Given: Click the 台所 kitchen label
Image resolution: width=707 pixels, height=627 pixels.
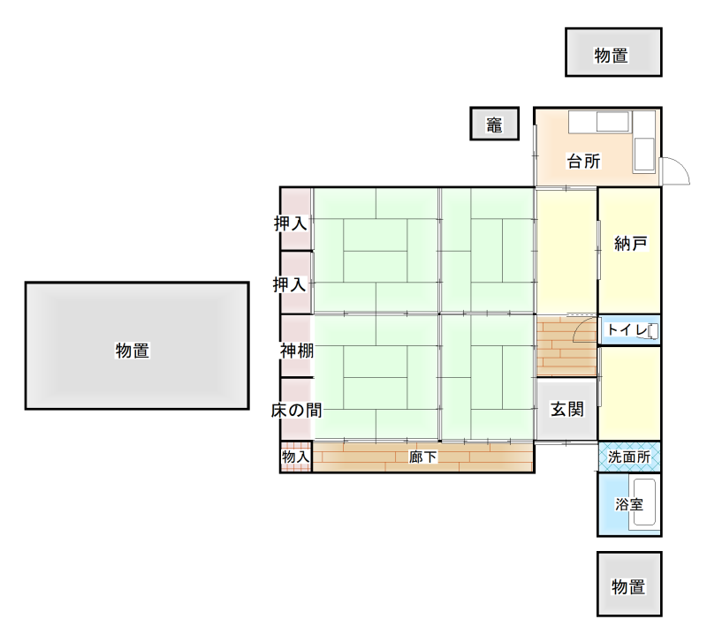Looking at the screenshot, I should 583,162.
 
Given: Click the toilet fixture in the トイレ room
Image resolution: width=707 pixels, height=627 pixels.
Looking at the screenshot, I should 652,331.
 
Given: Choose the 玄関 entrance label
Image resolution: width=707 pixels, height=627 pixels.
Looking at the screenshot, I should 566,409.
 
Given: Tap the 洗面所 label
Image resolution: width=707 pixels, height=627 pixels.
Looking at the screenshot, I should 629,457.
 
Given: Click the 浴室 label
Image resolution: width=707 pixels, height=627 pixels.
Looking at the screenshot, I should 628,504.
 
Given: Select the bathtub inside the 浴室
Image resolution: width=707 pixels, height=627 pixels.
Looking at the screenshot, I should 644,504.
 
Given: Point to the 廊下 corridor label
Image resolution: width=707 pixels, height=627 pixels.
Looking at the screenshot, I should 423,457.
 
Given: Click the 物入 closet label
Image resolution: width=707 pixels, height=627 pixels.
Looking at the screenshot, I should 295,457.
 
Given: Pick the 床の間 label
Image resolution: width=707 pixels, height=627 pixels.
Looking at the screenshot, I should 295,410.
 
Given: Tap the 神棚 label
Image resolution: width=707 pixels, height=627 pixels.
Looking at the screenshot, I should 296,351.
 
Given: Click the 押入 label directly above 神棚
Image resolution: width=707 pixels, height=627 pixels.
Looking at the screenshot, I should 289,284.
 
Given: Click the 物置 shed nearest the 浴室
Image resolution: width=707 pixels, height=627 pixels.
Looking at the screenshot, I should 629,585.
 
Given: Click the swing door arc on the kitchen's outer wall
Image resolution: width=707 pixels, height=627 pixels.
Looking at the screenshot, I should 676,170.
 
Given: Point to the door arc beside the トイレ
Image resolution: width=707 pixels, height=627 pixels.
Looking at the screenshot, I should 585,331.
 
